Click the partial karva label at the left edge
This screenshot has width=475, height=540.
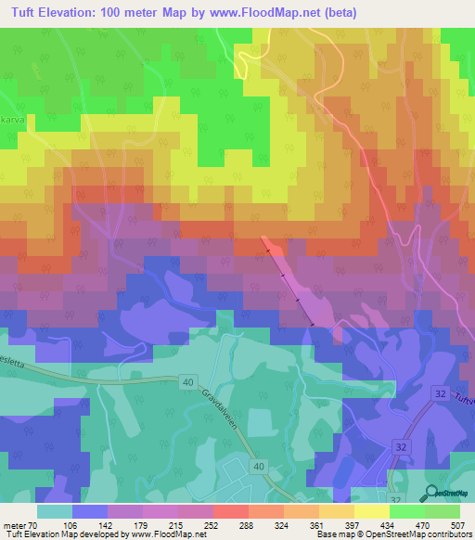(10, 120)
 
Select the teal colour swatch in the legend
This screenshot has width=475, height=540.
(55, 511)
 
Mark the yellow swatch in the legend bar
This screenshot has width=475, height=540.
(371, 511)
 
